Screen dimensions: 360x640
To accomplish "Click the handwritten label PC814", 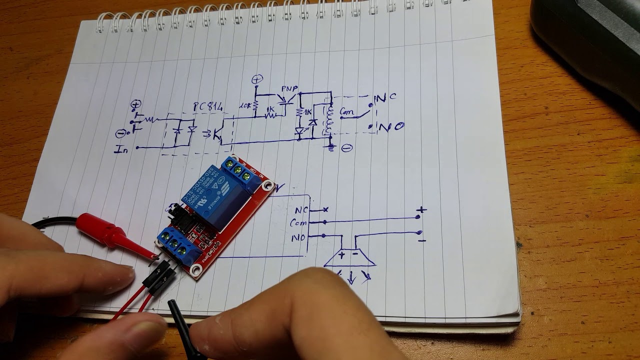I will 208,106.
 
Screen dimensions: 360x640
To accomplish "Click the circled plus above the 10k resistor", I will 257,79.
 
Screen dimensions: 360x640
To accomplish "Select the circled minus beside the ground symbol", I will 346,148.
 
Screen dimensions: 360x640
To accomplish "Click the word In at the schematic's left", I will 121,149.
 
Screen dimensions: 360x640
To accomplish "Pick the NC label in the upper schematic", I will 385,97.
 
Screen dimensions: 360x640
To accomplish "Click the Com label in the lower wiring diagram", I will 298,223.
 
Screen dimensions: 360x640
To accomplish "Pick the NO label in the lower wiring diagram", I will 298,238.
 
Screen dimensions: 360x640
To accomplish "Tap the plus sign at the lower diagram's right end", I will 422,209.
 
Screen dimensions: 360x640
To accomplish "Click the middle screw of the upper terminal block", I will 238,169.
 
